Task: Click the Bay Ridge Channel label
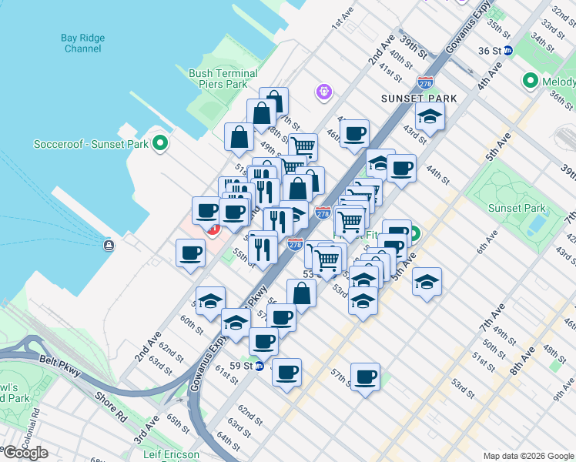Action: click(82, 42)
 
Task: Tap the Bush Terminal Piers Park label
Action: click(223, 79)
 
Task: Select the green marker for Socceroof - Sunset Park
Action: click(160, 143)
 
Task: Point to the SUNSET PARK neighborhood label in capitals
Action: click(418, 99)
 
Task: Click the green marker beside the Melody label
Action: click(530, 80)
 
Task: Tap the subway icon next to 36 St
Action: click(508, 51)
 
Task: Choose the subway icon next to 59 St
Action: click(260, 366)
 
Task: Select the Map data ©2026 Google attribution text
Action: click(527, 456)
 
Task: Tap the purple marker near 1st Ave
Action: click(324, 92)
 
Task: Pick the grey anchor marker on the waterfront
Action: click(109, 246)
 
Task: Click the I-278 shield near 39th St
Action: click(424, 82)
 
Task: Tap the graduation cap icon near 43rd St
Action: click(430, 116)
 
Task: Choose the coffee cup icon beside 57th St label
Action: click(367, 377)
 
